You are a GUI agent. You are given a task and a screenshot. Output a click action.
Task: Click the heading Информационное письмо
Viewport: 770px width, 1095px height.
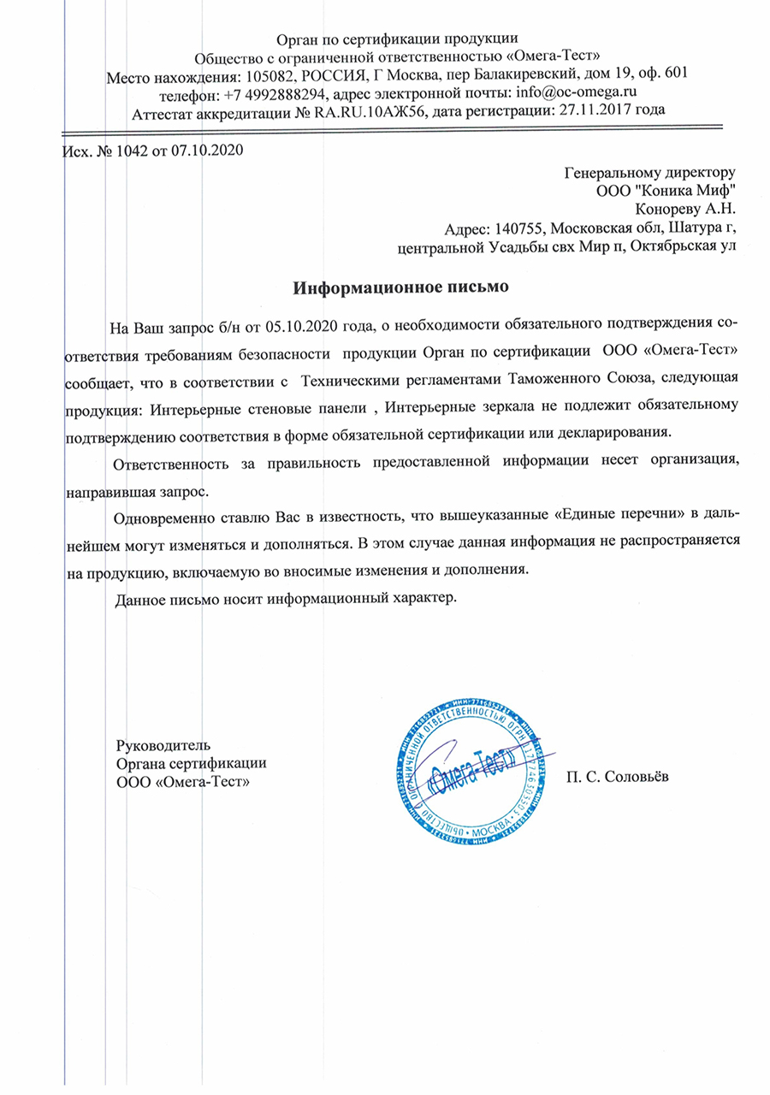click(x=402, y=287)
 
